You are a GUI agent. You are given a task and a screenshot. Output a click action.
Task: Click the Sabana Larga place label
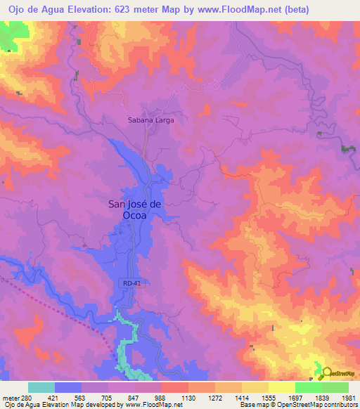(150, 120)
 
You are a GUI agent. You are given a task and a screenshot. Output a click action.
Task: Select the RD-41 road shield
(127, 283)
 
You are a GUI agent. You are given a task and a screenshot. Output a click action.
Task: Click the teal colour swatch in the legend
(41, 387)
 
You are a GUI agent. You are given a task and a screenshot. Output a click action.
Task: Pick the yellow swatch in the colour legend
(281, 387)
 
